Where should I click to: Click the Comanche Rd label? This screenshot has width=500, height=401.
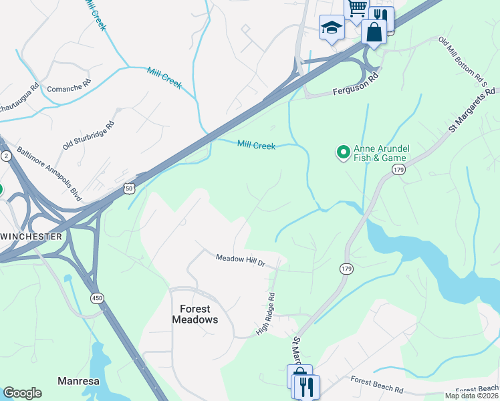click(68, 88)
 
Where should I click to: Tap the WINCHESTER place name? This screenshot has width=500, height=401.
click(31, 237)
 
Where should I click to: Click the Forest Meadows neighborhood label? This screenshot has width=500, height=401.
click(195, 314)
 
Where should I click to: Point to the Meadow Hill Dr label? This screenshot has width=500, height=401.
click(240, 260)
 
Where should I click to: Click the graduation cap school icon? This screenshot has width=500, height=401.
click(330, 28)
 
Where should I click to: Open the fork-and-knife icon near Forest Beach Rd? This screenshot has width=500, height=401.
click(306, 386)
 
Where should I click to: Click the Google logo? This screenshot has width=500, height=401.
click(22, 393)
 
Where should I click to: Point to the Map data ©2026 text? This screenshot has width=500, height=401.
click(471, 396)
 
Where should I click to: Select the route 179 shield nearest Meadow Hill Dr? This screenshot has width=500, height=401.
click(346, 269)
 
